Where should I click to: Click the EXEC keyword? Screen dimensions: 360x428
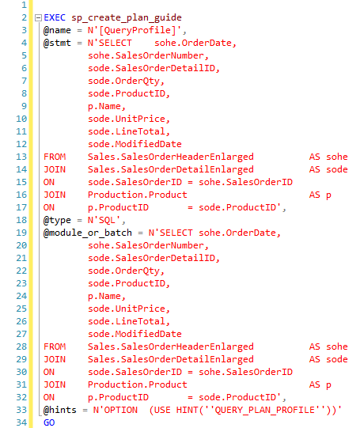tap(55, 17)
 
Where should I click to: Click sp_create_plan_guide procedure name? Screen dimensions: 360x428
tap(127, 18)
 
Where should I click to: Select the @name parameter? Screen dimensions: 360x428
tap(57, 30)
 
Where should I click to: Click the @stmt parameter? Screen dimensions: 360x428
tap(57, 43)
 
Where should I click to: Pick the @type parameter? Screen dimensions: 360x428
tap(57, 220)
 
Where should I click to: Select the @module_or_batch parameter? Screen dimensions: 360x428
tap(88, 233)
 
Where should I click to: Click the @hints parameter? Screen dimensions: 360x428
tap(60, 410)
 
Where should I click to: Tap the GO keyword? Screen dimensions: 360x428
tap(49, 422)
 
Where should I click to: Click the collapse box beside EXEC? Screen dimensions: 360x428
tap(38, 18)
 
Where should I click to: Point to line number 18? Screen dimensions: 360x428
tap(21, 220)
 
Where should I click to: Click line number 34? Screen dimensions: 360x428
tap(21, 422)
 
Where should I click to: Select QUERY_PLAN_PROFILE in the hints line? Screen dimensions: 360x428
tap(265, 411)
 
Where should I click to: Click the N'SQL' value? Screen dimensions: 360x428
tap(104, 220)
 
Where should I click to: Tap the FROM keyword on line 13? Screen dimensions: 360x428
tap(55, 157)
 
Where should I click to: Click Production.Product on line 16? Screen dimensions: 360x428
tap(138, 195)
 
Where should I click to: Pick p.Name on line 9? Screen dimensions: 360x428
tap(104, 107)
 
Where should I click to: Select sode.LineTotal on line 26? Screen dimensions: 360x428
tap(127, 321)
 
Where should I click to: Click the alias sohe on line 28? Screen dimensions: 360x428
tap(337, 347)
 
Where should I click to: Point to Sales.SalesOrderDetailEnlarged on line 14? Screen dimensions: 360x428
tap(171, 170)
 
